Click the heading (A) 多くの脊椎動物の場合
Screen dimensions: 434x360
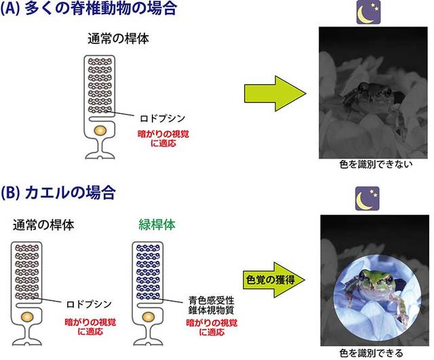[89, 8]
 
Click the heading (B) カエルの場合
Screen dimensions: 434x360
[58, 193]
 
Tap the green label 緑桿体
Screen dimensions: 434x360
[157, 224]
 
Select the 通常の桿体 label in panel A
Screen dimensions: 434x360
[118, 39]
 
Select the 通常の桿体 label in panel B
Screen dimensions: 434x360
[43, 225]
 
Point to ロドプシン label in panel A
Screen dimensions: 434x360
[163, 119]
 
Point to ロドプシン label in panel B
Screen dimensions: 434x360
[89, 304]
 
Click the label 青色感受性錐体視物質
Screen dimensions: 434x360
[211, 305]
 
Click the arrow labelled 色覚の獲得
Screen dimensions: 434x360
[274, 280]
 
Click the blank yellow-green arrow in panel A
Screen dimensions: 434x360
[275, 94]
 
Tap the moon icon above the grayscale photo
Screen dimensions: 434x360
[368, 12]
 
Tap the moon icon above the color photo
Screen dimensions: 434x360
[368, 199]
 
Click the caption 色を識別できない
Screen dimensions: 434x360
[376, 164]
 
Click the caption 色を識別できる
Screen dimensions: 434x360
[371, 353]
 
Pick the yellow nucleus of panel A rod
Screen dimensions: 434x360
[100, 130]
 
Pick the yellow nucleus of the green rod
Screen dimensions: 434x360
[148, 317]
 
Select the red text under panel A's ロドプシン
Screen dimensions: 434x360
[163, 138]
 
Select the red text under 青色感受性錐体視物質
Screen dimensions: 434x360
[212, 327]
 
